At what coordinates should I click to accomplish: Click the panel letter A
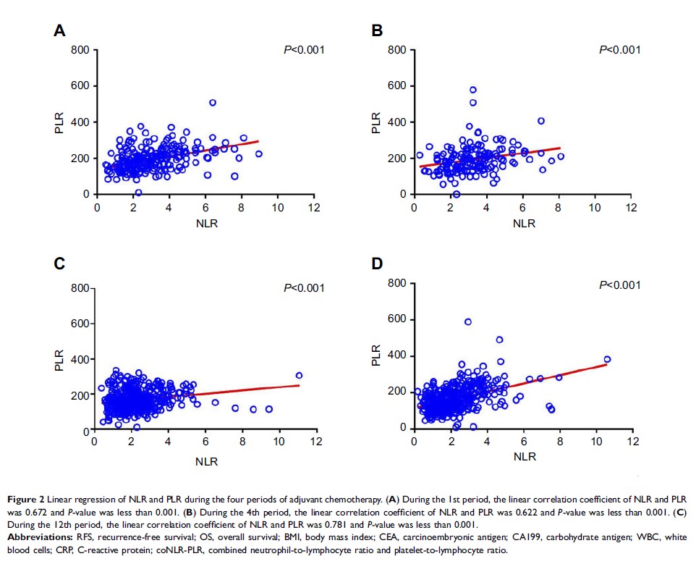(x=61, y=30)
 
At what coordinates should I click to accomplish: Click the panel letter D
(x=377, y=264)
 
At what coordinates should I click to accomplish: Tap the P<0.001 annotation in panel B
(x=620, y=50)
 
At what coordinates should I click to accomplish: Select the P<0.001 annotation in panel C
(x=304, y=288)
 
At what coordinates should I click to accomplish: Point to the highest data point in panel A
(x=213, y=103)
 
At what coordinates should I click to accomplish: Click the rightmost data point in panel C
(x=299, y=375)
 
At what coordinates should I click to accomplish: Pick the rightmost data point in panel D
(x=607, y=359)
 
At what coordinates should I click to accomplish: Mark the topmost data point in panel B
(x=473, y=90)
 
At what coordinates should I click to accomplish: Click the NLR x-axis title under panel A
(x=205, y=224)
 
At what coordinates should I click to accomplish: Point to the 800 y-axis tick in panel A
(x=80, y=50)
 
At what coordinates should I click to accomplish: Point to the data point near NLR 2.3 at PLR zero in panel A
(x=138, y=193)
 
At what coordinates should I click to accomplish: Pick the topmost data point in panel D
(x=468, y=321)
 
